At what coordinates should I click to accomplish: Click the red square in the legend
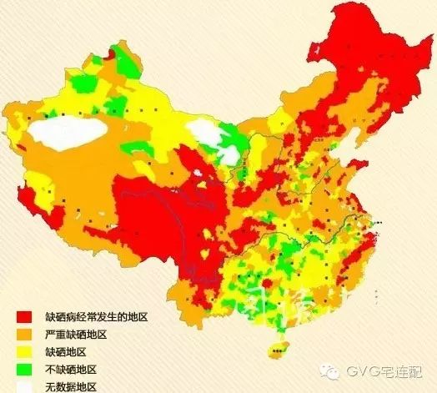(x=24, y=318)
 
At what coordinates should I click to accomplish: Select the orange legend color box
(x=24, y=335)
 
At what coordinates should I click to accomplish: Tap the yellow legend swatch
(x=24, y=351)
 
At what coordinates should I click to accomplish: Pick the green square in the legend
(x=24, y=369)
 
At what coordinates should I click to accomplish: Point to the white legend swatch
(x=24, y=385)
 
